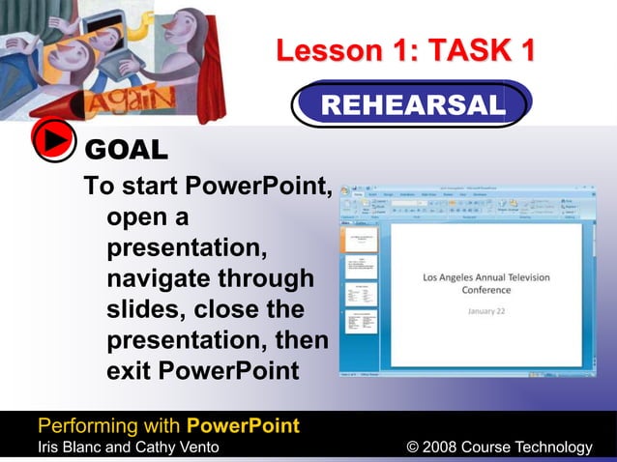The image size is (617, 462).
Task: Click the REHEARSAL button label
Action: click(413, 104)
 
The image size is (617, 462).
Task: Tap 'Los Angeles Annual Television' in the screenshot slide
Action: click(486, 277)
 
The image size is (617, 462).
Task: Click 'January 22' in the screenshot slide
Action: click(486, 312)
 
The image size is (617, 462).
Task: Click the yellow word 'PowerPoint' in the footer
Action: click(243, 426)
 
